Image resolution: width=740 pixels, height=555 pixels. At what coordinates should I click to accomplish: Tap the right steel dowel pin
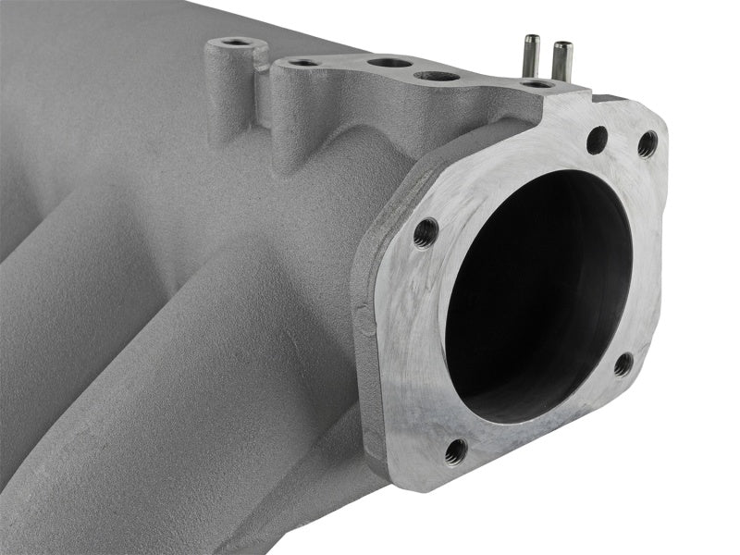point(561,60)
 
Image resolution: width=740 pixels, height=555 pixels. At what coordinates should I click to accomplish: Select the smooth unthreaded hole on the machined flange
point(598,140)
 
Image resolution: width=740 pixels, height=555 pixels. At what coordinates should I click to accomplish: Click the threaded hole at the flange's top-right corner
point(647,143)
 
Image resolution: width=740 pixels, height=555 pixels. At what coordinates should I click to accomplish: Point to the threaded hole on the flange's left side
point(425,231)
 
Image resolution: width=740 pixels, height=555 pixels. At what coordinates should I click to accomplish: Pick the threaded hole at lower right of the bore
point(623,364)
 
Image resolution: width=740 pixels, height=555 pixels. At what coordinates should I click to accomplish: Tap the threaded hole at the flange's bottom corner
point(455,450)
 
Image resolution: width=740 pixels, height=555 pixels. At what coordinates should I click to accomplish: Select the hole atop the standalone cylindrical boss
point(236,43)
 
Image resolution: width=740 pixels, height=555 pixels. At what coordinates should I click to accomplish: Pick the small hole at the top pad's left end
point(302,63)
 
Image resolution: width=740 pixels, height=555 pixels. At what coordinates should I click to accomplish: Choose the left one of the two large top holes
point(389,63)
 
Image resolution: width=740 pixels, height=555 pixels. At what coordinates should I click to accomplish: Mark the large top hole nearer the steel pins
point(435,75)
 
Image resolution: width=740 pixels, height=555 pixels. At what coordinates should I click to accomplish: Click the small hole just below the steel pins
point(536,84)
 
